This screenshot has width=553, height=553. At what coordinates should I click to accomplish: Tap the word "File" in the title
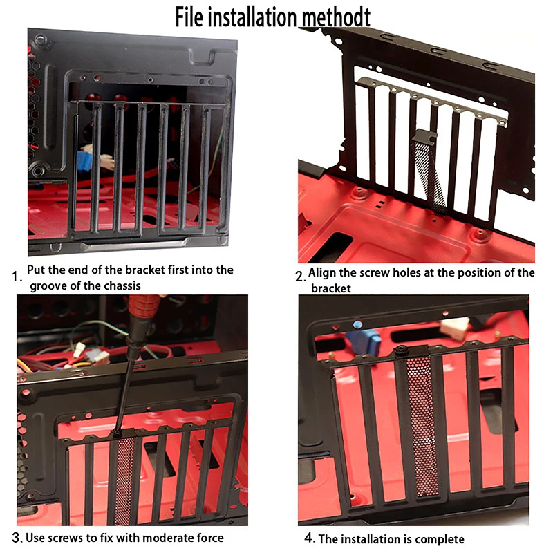189,17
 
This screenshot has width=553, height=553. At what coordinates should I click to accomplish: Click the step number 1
17,276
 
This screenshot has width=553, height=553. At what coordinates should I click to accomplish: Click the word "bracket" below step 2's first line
331,288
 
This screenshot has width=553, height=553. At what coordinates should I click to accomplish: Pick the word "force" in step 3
210,538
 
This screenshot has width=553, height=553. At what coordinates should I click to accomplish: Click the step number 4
309,538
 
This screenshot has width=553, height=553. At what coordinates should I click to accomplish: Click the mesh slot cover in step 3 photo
124,480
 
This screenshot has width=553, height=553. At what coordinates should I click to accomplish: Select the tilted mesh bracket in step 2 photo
429,170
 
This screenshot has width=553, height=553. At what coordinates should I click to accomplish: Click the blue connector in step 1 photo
84,162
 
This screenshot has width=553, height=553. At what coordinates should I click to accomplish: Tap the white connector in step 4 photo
456,328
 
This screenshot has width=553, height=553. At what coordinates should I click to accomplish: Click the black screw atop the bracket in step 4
400,351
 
